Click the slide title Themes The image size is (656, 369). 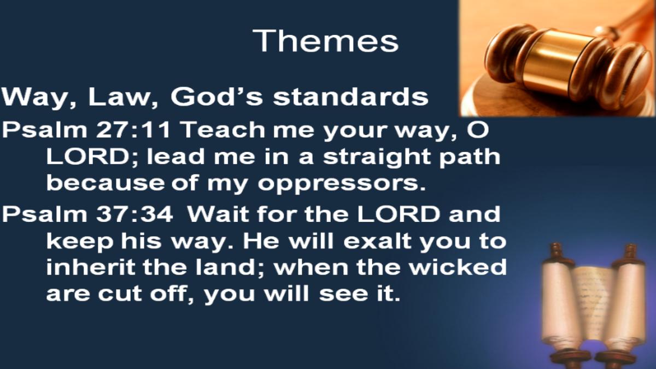[326, 40]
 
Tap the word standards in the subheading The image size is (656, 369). [350, 97]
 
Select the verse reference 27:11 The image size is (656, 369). [133, 130]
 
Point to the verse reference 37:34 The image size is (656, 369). [134, 214]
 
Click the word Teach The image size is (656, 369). [224, 130]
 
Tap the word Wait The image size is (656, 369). [220, 214]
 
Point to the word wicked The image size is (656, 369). [458, 267]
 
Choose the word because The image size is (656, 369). [106, 183]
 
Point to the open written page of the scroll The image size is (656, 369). [595, 304]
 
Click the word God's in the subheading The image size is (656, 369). [216, 96]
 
